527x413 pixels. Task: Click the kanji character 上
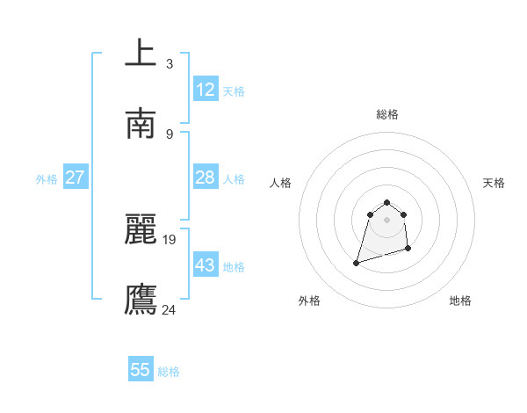point(141,53)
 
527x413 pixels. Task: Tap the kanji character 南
point(141,124)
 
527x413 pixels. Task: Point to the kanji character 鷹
point(141,299)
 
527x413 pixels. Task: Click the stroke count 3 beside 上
point(169,63)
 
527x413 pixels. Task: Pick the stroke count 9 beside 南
point(169,134)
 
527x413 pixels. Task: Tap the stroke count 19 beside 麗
point(170,239)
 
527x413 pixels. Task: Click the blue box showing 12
point(206,90)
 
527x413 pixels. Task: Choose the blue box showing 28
point(206,178)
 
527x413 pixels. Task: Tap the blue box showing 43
point(206,265)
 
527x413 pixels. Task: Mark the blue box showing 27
point(75,178)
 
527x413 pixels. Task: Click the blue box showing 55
point(141,370)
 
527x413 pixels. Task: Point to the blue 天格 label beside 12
point(234,91)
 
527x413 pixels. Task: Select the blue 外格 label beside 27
point(47,179)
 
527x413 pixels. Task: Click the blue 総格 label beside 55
point(169,372)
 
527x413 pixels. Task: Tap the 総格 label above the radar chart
point(387,114)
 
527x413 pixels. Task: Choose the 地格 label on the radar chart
point(460,301)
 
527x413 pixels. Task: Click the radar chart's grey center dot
point(387,220)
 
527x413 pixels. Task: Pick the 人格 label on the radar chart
point(281,183)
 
